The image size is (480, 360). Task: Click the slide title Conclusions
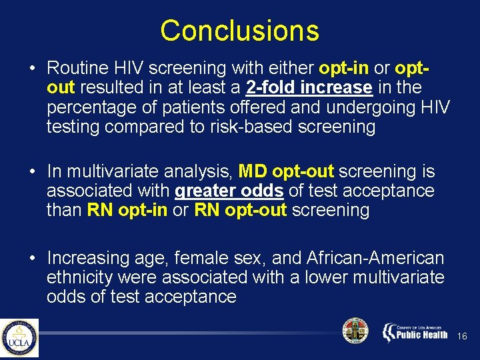coord(239,31)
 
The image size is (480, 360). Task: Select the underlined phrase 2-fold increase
coord(309,87)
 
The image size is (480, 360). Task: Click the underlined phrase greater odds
coord(229,191)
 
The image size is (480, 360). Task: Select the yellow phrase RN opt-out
coord(241,211)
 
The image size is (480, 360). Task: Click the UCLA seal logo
coord(19,338)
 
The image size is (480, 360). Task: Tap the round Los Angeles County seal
coord(355,331)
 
